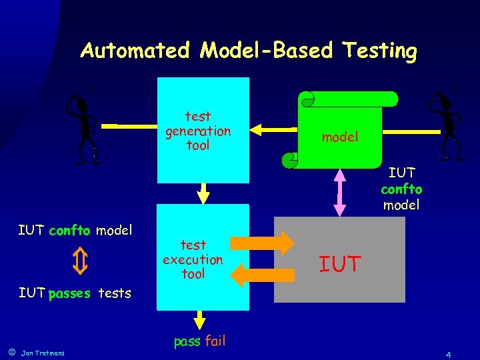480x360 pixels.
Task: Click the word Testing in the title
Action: [380, 51]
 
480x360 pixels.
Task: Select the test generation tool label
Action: [198, 131]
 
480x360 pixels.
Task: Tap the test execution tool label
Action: [193, 259]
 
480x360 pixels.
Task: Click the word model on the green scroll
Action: [340, 137]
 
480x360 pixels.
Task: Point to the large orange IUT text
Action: [340, 265]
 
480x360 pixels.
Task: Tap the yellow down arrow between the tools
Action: [204, 193]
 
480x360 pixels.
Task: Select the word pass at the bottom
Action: [187, 341]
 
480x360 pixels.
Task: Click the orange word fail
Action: [215, 341]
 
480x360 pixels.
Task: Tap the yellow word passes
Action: [69, 293]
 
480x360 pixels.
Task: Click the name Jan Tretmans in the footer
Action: [43, 353]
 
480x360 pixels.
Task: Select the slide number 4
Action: [449, 353]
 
